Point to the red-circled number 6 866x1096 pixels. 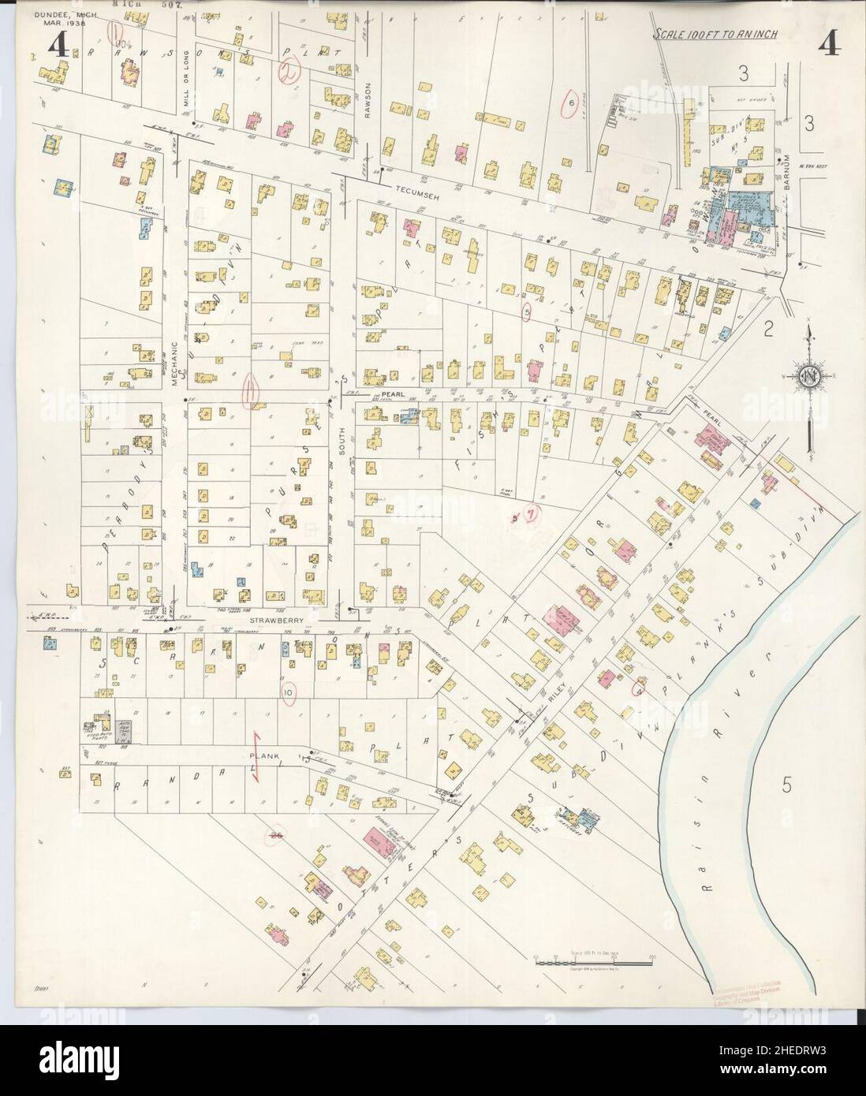click(x=569, y=103)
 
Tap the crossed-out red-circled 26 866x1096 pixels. click(x=275, y=835)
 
